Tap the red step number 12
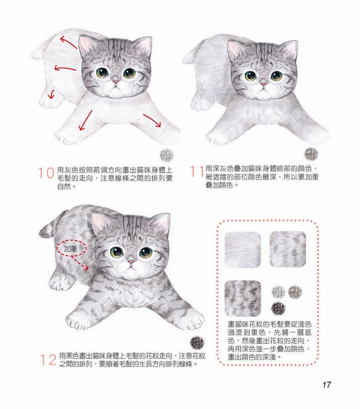(48, 360)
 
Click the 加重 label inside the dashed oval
(70, 249)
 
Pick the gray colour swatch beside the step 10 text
(166, 155)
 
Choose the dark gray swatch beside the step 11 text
(311, 154)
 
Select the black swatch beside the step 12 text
(198, 343)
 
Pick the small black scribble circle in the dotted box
(278, 308)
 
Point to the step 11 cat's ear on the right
(289, 50)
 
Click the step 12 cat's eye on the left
(116, 252)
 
